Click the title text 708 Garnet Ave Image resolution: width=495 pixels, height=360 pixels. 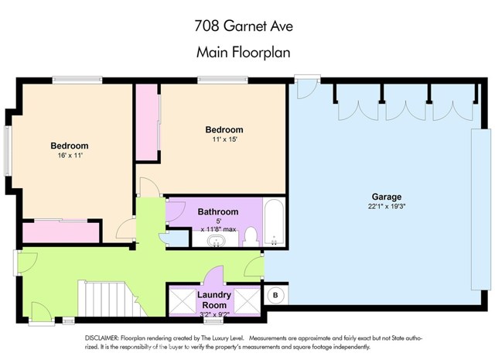click(247, 26)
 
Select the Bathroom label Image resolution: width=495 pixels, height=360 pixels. click(217, 211)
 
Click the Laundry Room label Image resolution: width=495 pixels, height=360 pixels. click(214, 300)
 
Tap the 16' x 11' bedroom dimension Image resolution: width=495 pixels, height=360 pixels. click(69, 156)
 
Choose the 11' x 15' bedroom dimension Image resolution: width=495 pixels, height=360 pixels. click(224, 139)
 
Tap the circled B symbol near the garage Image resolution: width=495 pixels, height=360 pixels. click(275, 295)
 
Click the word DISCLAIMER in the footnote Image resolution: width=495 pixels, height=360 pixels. click(104, 339)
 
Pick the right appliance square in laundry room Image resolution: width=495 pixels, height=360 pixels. click(246, 300)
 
